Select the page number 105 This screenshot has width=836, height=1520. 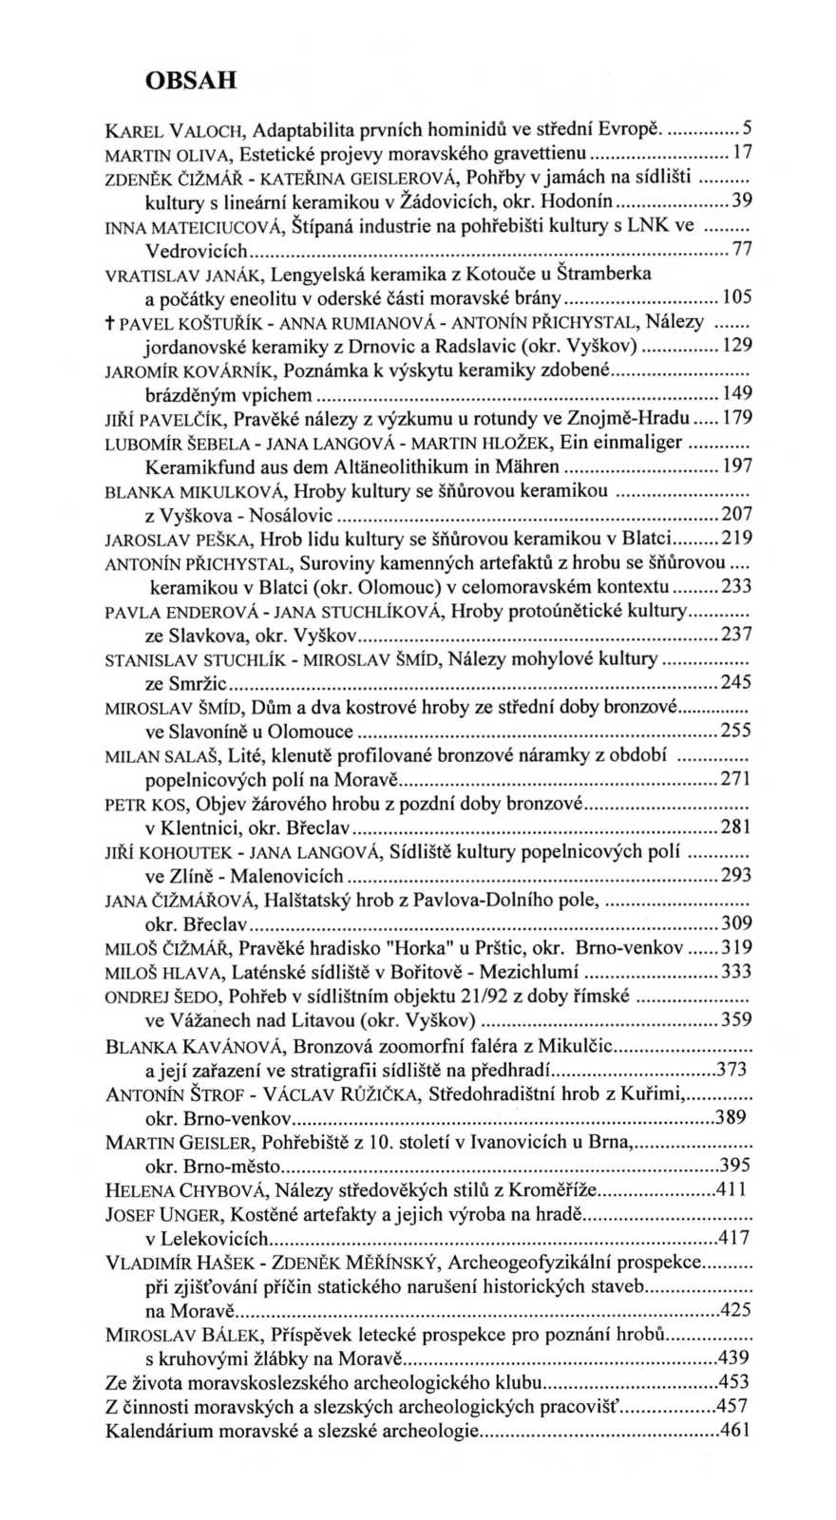pyautogui.click(x=737, y=299)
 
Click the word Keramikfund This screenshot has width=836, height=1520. pyautogui.click(x=190, y=467)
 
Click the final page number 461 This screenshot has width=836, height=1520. pyautogui.click(x=735, y=1430)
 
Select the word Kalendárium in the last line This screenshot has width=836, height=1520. pyautogui.click(x=155, y=1431)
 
